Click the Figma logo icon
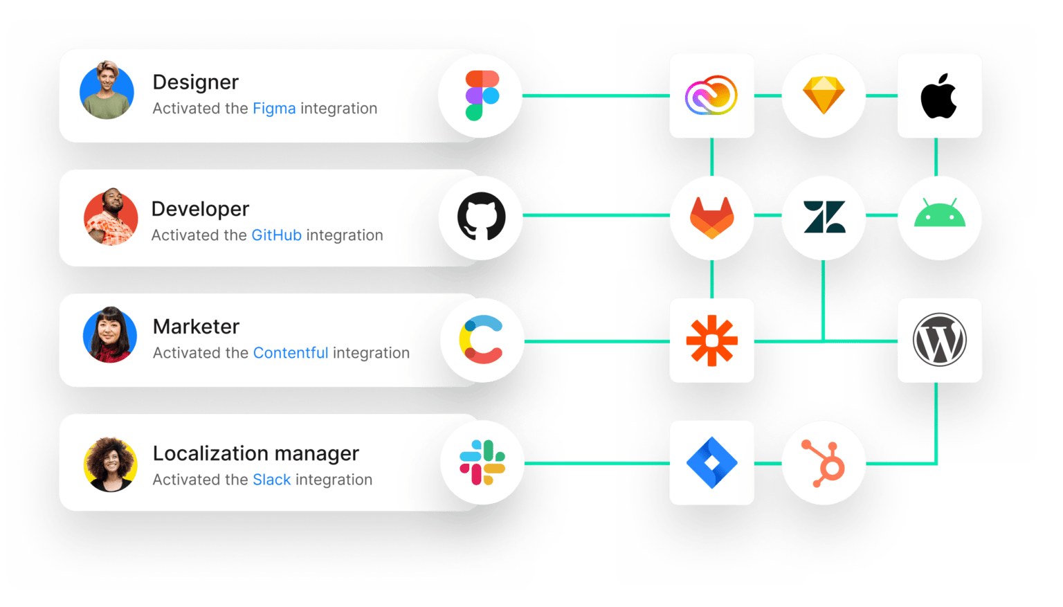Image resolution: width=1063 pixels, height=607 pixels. coord(482,96)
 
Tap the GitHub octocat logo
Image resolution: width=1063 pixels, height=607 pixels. coord(481,217)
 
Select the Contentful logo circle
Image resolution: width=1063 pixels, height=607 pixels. coord(482,339)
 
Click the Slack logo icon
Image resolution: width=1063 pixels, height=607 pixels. coord(482,462)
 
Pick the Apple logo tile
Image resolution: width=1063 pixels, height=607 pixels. coord(938,96)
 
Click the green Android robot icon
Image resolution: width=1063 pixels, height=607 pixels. coord(939,215)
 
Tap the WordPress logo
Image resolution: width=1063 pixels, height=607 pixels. coord(939,340)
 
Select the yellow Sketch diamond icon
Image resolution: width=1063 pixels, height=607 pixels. coord(823,96)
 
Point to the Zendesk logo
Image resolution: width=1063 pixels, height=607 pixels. coord(824,217)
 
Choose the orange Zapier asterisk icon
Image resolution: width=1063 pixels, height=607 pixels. coord(711,341)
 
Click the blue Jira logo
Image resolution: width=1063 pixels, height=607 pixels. coord(711,462)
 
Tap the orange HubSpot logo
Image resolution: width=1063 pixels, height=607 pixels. coord(824,462)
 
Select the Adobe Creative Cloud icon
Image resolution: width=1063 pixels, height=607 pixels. coord(711,96)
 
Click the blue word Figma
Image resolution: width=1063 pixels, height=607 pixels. coord(274,109)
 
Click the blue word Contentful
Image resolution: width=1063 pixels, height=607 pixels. coord(290,353)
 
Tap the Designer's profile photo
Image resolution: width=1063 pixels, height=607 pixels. coord(107,91)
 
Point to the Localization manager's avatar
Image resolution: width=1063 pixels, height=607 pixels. coord(110,464)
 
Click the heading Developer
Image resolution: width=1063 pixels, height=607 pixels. coord(200,209)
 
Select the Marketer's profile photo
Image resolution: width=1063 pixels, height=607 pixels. coord(109,335)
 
